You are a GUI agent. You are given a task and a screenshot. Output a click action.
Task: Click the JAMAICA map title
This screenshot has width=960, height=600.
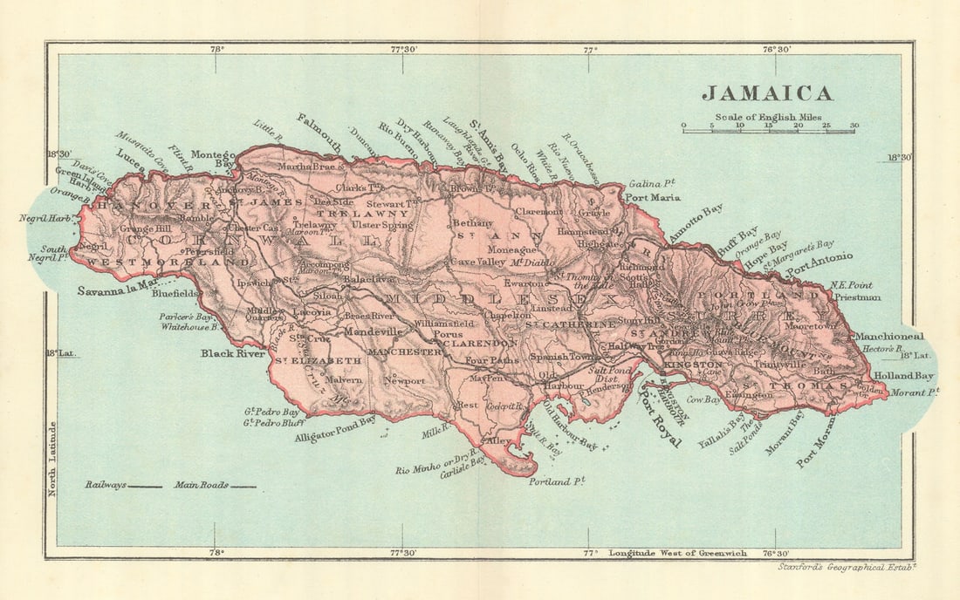pos(768,93)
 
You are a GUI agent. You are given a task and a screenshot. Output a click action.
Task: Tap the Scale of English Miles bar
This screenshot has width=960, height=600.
pos(768,131)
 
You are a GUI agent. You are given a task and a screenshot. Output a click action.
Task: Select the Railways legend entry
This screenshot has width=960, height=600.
pos(123,485)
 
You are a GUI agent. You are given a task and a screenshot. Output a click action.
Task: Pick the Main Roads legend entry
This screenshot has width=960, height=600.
pos(215,485)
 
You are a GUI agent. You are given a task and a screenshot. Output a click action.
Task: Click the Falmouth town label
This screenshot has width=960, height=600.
pos(319,133)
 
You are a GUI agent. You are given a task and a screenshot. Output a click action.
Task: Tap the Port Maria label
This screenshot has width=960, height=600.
pos(652,198)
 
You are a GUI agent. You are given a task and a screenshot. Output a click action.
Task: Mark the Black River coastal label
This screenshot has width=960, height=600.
pos(233,353)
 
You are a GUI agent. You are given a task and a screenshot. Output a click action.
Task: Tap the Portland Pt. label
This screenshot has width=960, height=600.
pos(556,481)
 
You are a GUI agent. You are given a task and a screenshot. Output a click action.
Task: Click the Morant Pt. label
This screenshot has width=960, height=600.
pos(914,392)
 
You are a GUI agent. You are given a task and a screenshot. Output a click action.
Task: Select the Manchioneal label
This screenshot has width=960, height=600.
pos(888,336)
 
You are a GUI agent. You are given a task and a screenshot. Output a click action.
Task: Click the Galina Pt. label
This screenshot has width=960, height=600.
pos(652,183)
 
